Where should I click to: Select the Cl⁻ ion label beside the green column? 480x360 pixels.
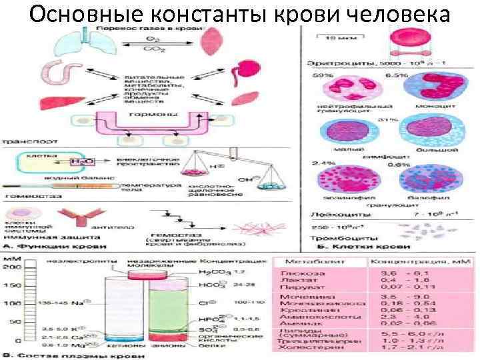point(208,303)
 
